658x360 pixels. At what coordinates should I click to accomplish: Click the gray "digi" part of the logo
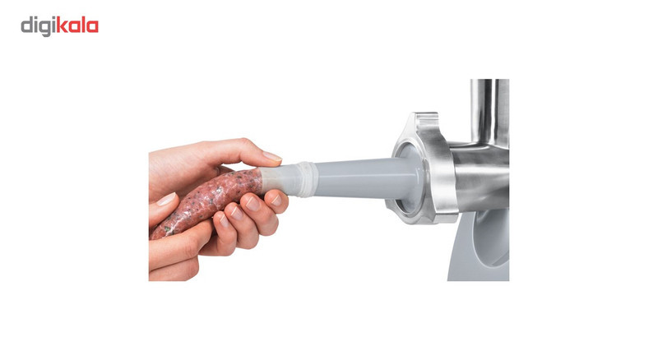[39, 26]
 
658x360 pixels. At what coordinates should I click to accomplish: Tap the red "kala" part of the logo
[77, 25]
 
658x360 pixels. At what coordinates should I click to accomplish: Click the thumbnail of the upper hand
[272, 156]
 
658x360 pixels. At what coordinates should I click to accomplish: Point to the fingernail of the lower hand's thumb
[166, 199]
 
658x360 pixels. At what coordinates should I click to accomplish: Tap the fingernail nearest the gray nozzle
[276, 200]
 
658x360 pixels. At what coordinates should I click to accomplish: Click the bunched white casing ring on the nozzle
[308, 180]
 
